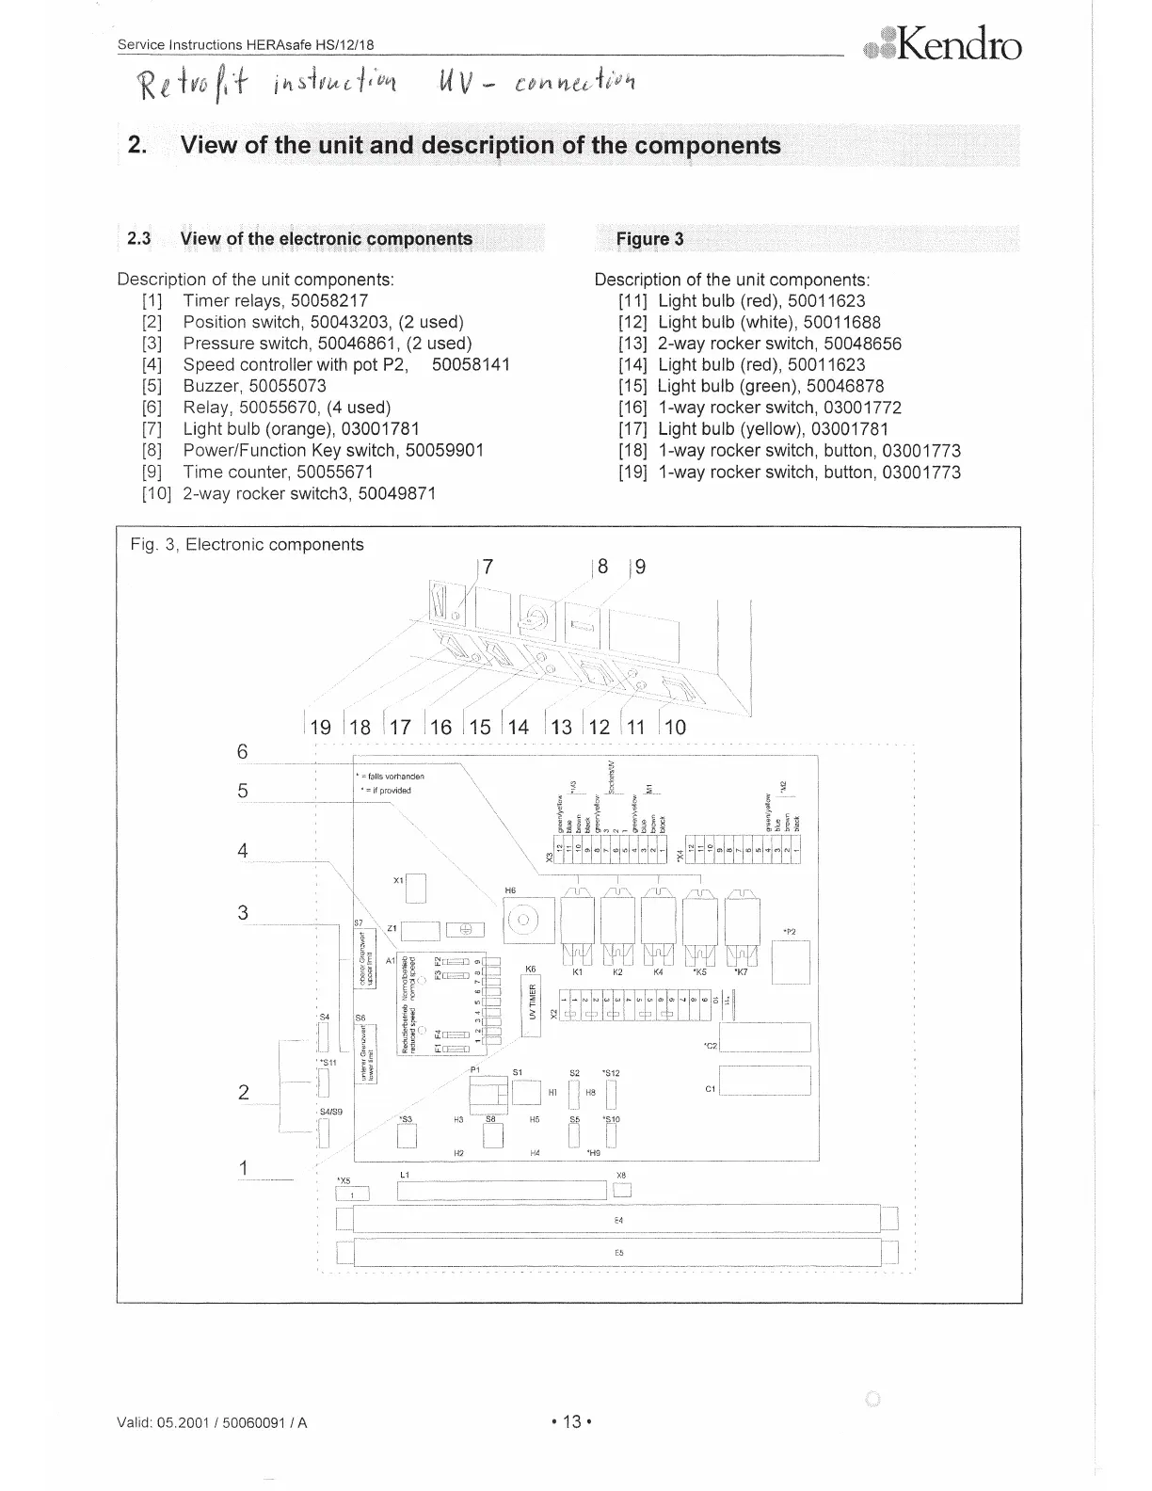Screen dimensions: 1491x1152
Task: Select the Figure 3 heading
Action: [649, 238]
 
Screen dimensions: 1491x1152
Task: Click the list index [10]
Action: [156, 493]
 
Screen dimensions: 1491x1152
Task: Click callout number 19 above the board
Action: [320, 727]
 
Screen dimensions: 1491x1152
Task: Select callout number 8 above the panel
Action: [602, 567]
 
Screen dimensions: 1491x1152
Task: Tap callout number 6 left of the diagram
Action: [243, 751]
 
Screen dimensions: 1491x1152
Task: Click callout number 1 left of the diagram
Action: [243, 1168]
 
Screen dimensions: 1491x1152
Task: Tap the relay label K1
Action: [579, 970]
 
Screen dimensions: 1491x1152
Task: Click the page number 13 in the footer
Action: [570, 1421]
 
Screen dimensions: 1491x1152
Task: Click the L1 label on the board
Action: [406, 1175]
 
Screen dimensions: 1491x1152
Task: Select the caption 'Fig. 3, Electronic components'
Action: [247, 544]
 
